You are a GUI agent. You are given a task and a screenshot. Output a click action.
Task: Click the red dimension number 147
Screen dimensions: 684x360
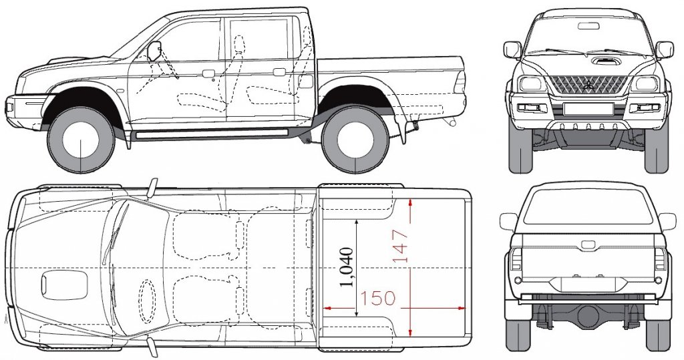(400, 246)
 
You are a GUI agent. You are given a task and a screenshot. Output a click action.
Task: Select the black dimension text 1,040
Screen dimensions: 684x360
(347, 267)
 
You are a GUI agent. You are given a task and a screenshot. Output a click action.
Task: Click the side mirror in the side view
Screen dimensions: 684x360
(154, 51)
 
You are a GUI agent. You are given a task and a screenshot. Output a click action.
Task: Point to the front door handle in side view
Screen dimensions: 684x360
(208, 73)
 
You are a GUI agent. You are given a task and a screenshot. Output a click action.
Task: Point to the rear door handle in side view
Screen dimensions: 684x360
(279, 72)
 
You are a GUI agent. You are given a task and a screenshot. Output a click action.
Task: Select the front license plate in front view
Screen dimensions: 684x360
(588, 109)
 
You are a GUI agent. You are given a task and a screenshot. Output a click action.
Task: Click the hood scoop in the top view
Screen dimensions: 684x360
(64, 285)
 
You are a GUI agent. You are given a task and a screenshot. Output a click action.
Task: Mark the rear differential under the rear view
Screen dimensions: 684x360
(588, 313)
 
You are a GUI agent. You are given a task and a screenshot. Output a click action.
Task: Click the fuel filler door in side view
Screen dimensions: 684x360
(306, 81)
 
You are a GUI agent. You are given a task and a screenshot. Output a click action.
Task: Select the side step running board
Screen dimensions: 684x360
(212, 133)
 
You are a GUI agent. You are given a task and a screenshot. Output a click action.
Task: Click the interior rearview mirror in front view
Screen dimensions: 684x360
(588, 26)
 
